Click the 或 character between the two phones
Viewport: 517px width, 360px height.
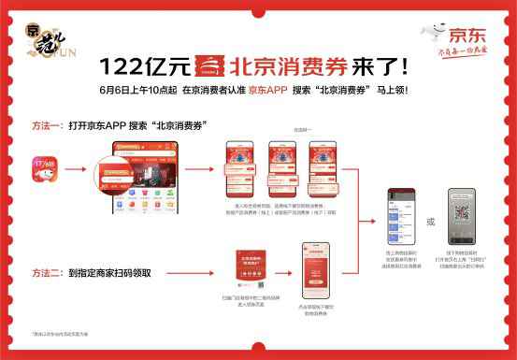point(430,223)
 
